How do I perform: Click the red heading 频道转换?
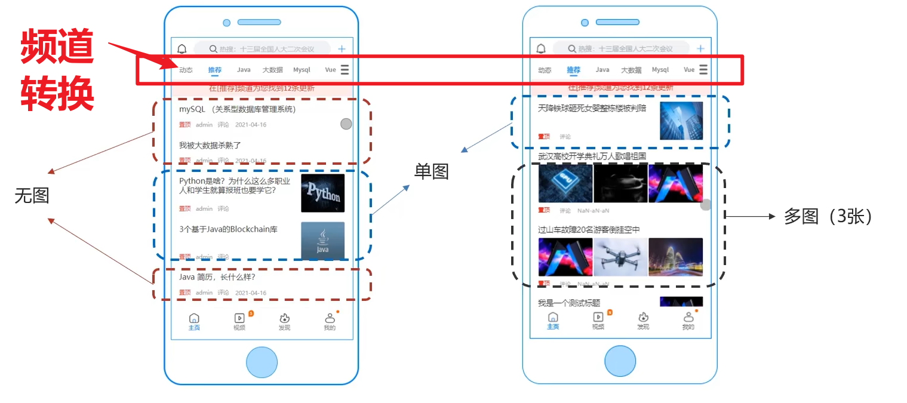(57, 70)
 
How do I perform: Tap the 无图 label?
(32, 195)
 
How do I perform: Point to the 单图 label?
(431, 172)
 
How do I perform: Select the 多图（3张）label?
(828, 217)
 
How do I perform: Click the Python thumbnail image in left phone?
(322, 193)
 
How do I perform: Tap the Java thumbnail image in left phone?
(322, 241)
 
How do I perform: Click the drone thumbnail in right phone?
(620, 257)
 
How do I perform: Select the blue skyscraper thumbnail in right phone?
(681, 121)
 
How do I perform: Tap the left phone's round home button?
(262, 362)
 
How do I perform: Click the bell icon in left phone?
(182, 49)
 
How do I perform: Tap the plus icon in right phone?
(700, 48)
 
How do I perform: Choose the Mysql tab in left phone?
(302, 70)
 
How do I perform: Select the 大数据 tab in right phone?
(631, 70)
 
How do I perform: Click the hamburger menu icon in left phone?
(345, 70)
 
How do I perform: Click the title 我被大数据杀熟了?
(210, 145)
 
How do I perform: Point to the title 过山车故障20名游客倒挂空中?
(589, 230)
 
